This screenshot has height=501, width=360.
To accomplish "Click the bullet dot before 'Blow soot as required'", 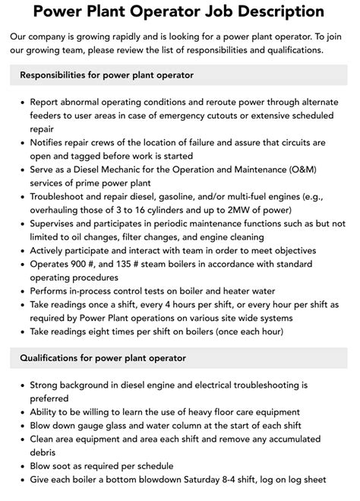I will (x=21, y=466).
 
